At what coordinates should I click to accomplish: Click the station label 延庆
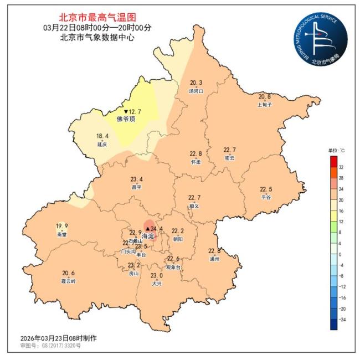pos(102,144)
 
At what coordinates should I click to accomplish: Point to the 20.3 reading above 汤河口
pos(196,83)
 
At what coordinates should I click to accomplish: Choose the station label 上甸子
pos(265,104)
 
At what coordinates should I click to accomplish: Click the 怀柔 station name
pos(196,162)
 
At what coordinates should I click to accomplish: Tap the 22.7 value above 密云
pos(229,150)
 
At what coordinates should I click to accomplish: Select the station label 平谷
pos(266,197)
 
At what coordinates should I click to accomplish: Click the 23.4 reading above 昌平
pos(136,179)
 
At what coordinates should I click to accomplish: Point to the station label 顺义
pos(194,205)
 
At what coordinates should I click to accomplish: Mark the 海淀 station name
pos(149,236)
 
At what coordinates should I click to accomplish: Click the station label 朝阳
pos(177,239)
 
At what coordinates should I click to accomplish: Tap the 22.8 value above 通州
pos(215,251)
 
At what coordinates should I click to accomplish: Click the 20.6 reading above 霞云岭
pos(69,273)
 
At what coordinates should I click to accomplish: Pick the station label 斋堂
pos(61,234)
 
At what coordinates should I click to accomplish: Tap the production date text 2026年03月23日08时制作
pos(58,338)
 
